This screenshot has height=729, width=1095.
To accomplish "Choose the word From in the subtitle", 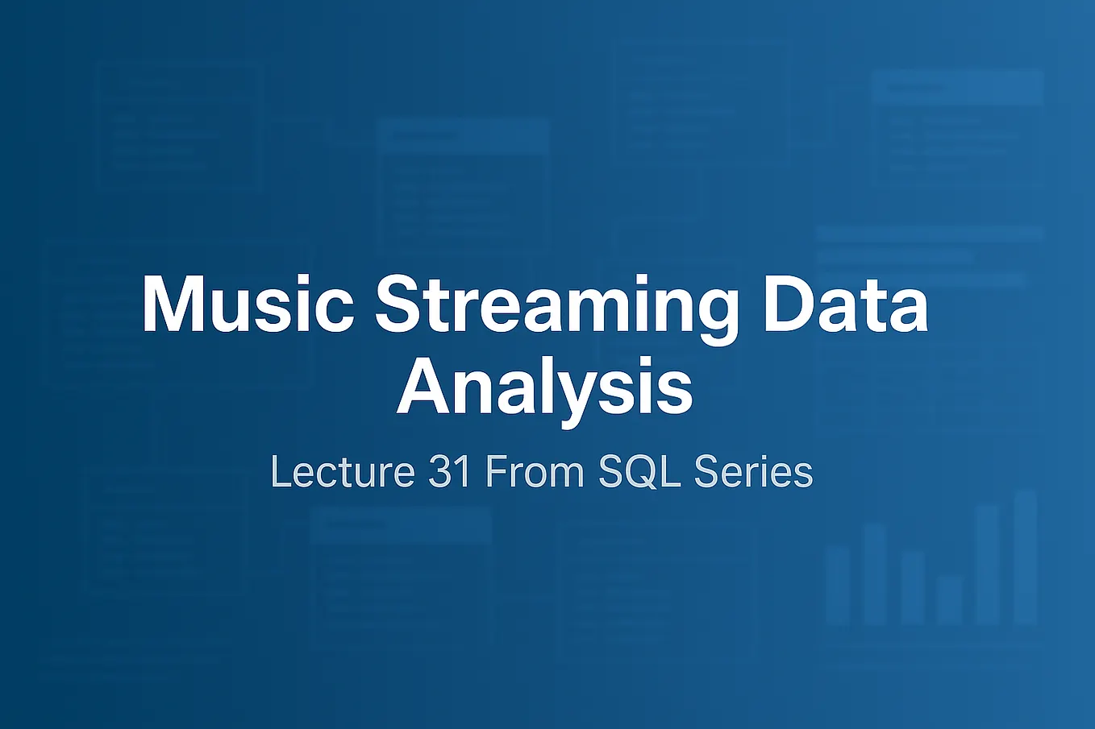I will click(x=535, y=471).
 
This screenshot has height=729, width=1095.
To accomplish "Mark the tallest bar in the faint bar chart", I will click(x=1026, y=557).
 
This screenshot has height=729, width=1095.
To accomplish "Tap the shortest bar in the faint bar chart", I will click(x=950, y=600).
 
